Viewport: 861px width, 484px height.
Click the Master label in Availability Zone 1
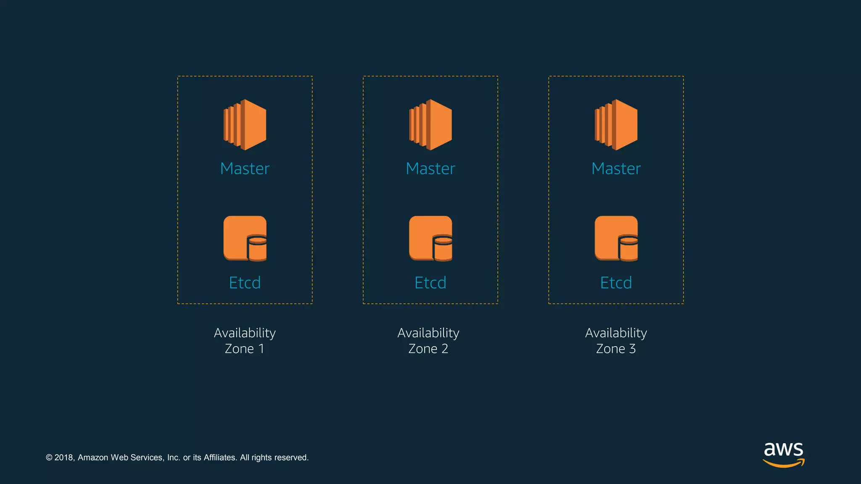coord(245,168)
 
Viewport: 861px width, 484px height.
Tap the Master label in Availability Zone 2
coord(430,168)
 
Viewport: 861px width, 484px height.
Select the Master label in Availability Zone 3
coord(616,168)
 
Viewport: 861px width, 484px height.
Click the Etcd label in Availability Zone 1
coord(245,283)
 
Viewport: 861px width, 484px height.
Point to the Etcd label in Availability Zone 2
coord(430,283)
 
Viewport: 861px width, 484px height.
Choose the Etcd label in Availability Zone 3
coord(616,283)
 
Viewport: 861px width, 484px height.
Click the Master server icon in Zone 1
coord(245,125)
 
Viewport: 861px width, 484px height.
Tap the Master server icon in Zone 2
coord(430,125)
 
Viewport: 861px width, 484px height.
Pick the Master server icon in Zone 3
coord(616,125)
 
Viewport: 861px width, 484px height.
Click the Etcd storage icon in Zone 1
coord(245,238)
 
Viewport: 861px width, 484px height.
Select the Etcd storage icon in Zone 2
coord(430,238)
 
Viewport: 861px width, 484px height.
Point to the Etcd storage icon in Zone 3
coord(616,238)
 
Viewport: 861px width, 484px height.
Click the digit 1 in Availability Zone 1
coord(261,349)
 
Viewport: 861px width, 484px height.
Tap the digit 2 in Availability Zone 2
coord(444,349)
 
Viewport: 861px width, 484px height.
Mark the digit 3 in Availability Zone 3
coord(632,349)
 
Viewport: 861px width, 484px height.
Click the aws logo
coord(784,454)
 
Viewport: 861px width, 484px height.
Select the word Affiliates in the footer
coord(219,458)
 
